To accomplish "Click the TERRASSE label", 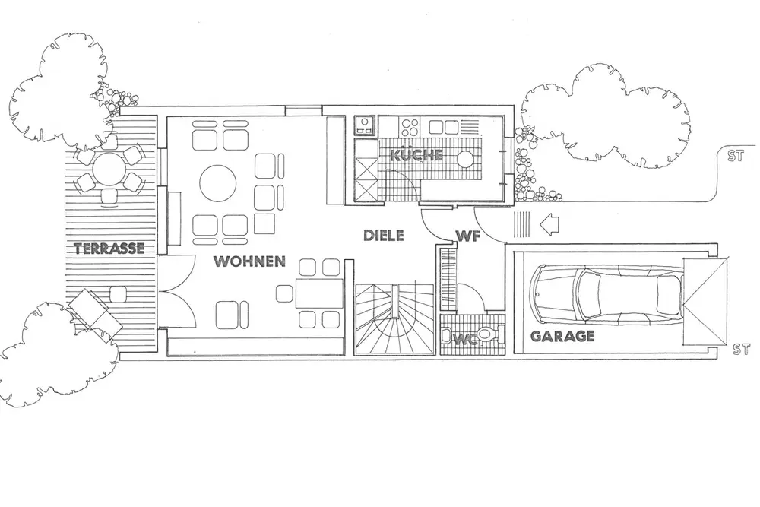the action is pos(109,248).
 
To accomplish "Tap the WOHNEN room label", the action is pos(249,261).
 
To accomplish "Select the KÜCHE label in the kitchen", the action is pos(416,155).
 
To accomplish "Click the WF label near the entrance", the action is pos(467,236).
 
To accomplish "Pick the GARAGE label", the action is pos(562,336).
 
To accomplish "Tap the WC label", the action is pos(466,339).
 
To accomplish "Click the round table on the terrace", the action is pos(111,170).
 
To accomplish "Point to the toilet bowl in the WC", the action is pos(489,334).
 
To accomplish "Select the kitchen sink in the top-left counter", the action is pos(365,124).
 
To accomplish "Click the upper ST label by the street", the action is pos(733,158).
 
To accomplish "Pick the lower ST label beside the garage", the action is pos(742,350).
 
